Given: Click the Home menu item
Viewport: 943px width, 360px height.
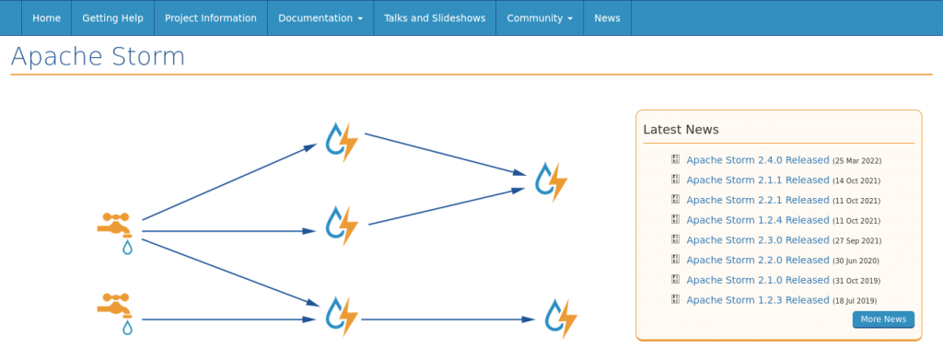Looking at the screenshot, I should pyautogui.click(x=46, y=17).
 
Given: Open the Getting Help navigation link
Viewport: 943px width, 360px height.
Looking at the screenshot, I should pyautogui.click(x=112, y=17).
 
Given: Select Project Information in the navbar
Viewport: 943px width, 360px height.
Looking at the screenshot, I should pyautogui.click(x=210, y=17).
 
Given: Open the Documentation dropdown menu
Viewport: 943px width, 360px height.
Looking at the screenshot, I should pyautogui.click(x=320, y=17).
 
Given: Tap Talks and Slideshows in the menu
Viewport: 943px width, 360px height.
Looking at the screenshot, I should pyautogui.click(x=434, y=17).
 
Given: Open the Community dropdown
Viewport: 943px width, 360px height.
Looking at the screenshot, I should pyautogui.click(x=540, y=17).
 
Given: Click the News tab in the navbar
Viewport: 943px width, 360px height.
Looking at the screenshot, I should pyautogui.click(x=607, y=17).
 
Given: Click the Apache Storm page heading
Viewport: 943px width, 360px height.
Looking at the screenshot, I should pyautogui.click(x=98, y=56).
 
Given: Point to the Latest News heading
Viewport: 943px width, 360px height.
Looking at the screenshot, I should pyautogui.click(x=681, y=130).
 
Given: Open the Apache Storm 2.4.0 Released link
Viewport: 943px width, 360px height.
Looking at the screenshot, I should pyautogui.click(x=758, y=160).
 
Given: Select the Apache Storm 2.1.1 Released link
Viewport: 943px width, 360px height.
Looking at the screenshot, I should pyautogui.click(x=758, y=180).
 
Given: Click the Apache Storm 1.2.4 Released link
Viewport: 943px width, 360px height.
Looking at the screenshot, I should pyautogui.click(x=758, y=220).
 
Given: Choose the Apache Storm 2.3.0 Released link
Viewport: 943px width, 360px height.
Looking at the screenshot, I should pyautogui.click(x=758, y=240).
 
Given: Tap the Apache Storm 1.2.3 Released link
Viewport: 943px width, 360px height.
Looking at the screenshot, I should pyautogui.click(x=758, y=300).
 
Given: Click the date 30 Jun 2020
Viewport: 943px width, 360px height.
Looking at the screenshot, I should pyautogui.click(x=856, y=261).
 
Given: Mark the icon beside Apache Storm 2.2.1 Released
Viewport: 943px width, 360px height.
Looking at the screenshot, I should pyautogui.click(x=675, y=200).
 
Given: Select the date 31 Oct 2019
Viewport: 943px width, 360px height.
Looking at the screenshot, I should pyautogui.click(x=856, y=281).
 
